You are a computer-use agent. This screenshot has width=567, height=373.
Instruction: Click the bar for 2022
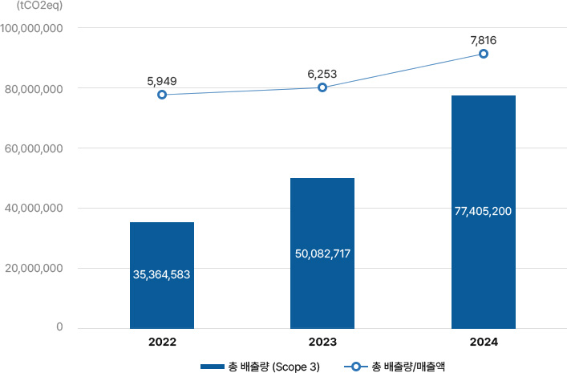(161, 241)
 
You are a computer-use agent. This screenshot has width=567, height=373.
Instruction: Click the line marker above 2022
(162, 95)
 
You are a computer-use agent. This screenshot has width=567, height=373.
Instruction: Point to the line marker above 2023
(322, 87)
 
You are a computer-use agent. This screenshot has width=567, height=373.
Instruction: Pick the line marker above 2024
(483, 54)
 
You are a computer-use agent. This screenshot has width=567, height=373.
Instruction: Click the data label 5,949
(162, 81)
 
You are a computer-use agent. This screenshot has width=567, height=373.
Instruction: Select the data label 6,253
(322, 74)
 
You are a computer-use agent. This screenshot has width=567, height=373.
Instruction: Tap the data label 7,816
(483, 39)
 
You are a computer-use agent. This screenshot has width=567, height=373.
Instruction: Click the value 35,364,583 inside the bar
(161, 275)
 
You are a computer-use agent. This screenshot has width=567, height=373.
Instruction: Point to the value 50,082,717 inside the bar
(322, 253)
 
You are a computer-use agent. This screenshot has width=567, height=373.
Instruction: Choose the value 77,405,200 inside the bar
(483, 211)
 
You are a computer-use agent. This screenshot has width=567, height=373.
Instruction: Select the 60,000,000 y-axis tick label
(34, 148)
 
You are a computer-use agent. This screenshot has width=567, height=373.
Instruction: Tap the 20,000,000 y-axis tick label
(34, 269)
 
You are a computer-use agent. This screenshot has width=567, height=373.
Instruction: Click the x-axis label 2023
(322, 342)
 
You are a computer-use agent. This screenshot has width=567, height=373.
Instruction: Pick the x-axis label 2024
(483, 342)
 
